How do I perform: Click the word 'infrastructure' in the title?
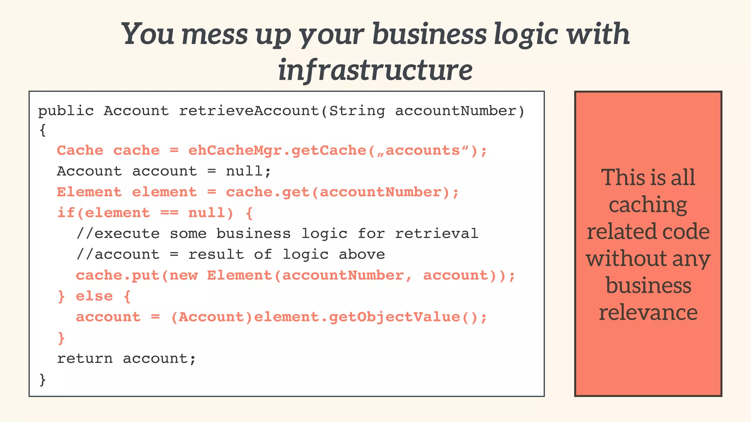pyautogui.click(x=375, y=70)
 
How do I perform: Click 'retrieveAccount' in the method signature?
pyautogui.click(x=249, y=111)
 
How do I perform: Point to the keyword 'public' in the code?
pyautogui.click(x=66, y=111)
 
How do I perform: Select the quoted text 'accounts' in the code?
pyautogui.click(x=423, y=151)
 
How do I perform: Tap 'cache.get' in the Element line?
pyautogui.click(x=268, y=192)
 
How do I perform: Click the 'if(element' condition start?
pyautogui.click(x=104, y=213)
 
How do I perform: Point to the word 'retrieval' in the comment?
pyautogui.click(x=436, y=234)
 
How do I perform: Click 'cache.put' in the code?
pyautogui.click(x=118, y=275)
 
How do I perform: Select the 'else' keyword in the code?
pyautogui.click(x=94, y=296)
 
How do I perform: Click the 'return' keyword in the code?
pyautogui.click(x=85, y=359)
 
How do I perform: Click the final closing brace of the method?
pyautogui.click(x=43, y=380)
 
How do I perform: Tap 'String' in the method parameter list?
pyautogui.click(x=357, y=111)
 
